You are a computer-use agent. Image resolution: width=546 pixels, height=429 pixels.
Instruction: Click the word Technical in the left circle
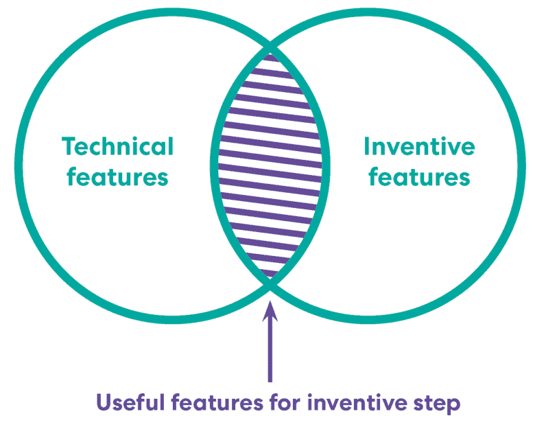117,146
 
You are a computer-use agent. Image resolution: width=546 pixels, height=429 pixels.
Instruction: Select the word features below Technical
117,176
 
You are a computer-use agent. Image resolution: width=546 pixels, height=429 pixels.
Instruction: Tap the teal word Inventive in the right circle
419,146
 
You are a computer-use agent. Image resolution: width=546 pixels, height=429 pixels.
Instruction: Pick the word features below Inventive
419,176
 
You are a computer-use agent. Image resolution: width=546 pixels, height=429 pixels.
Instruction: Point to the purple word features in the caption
217,402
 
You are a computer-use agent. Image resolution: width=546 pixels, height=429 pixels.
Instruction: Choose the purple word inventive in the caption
357,402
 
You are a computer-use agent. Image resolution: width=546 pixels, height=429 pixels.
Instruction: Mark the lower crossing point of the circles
270,284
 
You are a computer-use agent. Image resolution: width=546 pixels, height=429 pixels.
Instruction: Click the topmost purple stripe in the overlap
270,58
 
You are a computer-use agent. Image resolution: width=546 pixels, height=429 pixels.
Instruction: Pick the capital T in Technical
69,146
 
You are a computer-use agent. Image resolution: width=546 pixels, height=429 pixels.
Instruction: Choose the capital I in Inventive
366,146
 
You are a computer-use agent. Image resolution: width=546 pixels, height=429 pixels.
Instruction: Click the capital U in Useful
104,402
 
